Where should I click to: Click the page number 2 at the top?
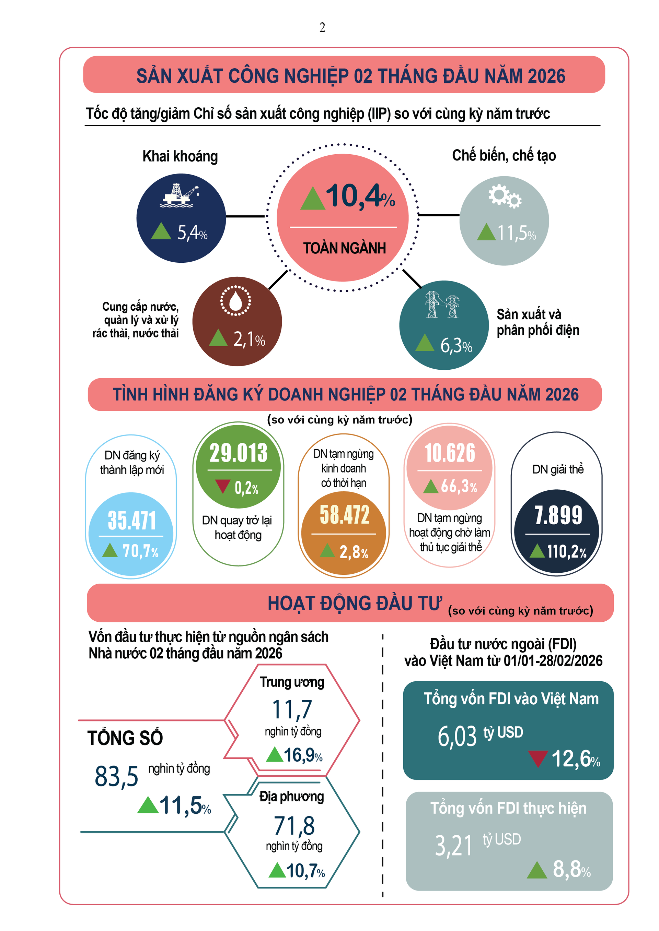322,27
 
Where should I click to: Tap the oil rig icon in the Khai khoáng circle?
181,195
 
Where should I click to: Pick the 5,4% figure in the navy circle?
192,233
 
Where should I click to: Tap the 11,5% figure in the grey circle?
517,233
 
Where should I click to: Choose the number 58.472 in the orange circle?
345,515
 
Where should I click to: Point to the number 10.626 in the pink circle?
450,453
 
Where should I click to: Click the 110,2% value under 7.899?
566,551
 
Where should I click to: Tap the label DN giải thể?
558,469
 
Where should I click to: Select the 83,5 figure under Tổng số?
116,776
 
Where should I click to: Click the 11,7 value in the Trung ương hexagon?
292,709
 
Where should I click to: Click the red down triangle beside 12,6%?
538,758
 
